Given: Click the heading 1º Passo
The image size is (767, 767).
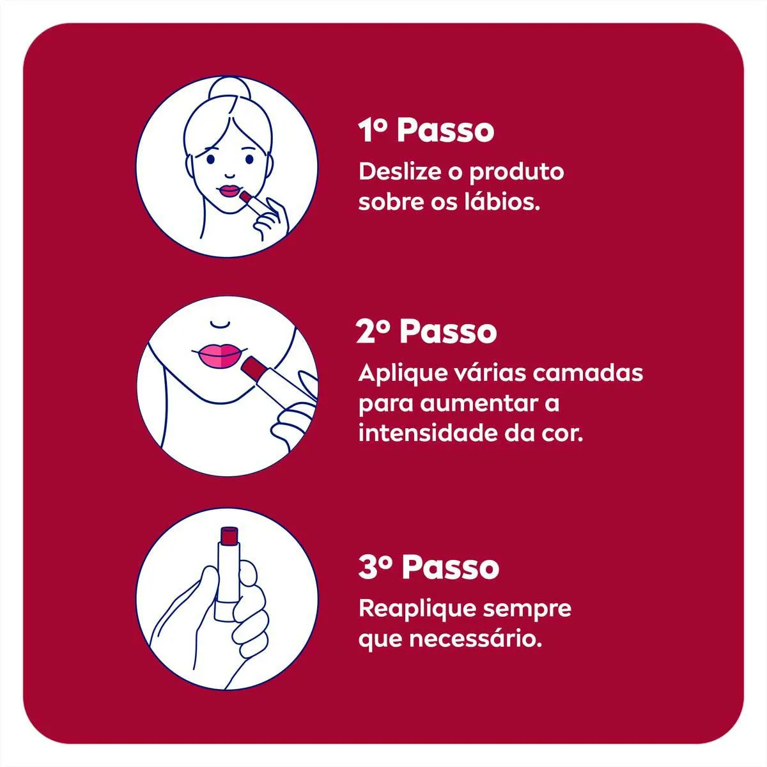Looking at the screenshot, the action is pos(426,130).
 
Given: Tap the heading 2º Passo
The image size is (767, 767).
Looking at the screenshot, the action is pos(426,332).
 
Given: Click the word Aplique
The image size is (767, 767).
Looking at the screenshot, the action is pos(401,375).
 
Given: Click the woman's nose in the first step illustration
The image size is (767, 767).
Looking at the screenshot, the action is pos(229,174).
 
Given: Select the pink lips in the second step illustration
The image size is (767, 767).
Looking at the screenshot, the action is pos(220,355).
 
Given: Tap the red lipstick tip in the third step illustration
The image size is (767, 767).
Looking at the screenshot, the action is pos(229,536).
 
